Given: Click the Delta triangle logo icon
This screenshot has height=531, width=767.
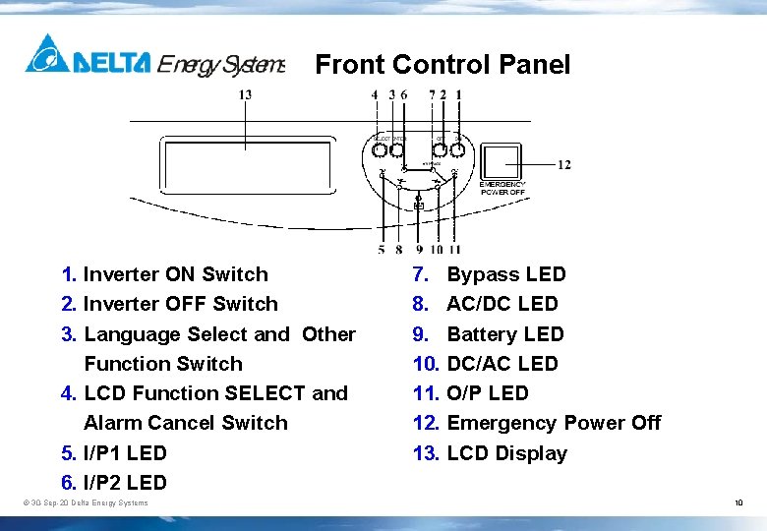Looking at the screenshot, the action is coord(47,54).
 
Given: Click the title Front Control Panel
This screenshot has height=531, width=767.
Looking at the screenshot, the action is coord(442,65).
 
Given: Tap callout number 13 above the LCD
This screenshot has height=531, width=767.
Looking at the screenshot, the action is coord(245,94).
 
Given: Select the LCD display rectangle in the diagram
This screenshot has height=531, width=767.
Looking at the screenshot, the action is coord(245,166).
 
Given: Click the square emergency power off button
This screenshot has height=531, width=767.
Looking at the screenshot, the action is coord(503,159).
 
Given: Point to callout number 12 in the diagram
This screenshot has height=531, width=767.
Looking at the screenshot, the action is coord(563,164).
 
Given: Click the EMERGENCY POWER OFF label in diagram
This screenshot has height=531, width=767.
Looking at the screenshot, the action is coord(502,188).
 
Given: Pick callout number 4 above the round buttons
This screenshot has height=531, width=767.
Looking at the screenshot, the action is coord(375,94).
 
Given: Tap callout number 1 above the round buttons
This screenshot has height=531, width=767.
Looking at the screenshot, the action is coord(458,94).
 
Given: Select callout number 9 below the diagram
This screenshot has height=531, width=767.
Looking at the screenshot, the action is coord(419,250).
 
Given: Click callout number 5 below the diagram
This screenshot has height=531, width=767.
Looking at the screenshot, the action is coord(381,250).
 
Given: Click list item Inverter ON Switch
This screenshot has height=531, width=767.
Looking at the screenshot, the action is coord(175,274).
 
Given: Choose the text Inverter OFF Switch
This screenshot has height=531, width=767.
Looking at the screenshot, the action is coord(180,304).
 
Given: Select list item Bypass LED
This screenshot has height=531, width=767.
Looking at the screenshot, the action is coord(506,274).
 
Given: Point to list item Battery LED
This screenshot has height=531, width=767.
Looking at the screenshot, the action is coord(505,334).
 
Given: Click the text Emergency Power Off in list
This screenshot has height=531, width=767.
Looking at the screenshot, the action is coord(554,423).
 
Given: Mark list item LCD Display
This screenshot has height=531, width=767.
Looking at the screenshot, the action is coord(506,453).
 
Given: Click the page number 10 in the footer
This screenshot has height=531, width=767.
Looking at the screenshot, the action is coord(738,503).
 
